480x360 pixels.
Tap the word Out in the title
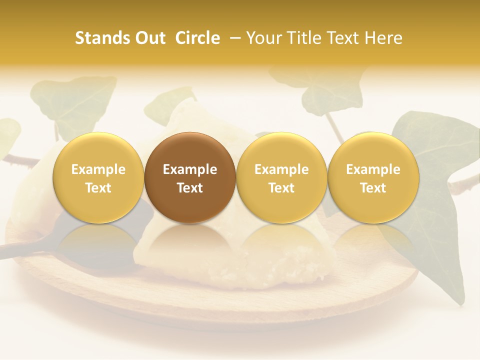click(149, 38)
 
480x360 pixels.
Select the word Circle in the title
click(197, 38)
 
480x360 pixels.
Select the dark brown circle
click(190, 177)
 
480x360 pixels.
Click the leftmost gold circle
click(98, 177)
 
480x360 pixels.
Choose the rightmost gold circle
click(373, 177)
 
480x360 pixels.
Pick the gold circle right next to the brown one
click(281, 177)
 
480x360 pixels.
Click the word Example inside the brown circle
click(190, 169)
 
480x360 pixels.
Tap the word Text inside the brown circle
click(190, 188)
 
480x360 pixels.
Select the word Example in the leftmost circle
click(98, 169)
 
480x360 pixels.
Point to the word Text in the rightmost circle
click(373, 188)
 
